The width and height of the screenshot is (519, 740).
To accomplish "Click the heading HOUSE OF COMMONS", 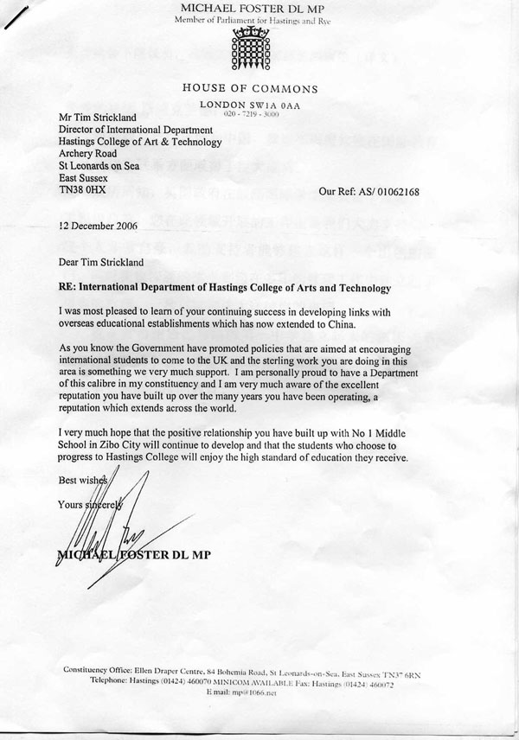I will tap(250, 88).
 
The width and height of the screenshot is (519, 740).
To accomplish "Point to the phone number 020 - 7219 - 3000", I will tap(252, 114).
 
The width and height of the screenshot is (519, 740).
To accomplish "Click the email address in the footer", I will tap(252, 692).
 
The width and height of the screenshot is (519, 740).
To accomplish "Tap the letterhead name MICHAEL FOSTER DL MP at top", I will tap(251, 9).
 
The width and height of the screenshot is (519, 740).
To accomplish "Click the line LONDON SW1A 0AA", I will tap(251, 104).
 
